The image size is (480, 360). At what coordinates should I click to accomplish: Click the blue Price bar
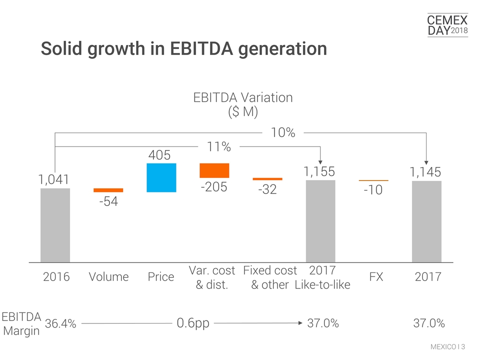(x=161, y=177)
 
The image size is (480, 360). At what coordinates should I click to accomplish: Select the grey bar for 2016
(x=55, y=224)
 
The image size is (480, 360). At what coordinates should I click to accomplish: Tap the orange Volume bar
(x=108, y=190)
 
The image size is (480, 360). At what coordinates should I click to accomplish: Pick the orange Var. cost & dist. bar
(x=214, y=170)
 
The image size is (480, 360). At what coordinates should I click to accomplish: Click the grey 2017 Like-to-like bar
(x=320, y=220)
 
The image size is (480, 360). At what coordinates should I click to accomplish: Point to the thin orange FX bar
(x=373, y=180)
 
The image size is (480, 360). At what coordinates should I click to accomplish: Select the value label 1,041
(x=54, y=179)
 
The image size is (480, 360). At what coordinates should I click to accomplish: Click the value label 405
(x=161, y=155)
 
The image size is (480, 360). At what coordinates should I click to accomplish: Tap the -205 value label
(x=214, y=186)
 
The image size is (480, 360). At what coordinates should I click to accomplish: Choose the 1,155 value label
(x=320, y=171)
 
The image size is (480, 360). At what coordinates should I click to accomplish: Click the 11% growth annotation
(x=219, y=147)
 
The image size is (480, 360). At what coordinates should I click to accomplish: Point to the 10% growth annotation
(x=283, y=132)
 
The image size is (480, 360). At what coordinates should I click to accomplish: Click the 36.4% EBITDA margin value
(x=60, y=323)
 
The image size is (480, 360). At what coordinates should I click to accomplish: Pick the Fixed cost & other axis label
(x=270, y=277)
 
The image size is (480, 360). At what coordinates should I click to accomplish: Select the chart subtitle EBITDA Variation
(x=242, y=97)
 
